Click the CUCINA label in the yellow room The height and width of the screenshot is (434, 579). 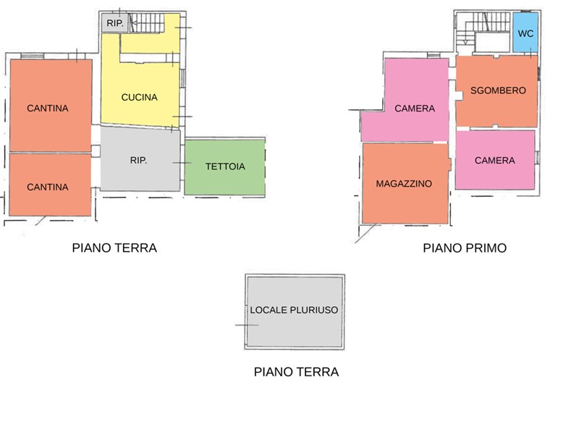coord(139,98)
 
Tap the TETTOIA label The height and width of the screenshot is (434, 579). coord(225,166)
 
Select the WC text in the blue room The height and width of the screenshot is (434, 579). coord(525,33)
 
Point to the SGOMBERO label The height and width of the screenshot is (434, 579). coord(498,90)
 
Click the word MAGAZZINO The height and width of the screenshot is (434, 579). coord(404,184)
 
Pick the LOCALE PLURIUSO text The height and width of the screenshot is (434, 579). coord(294,310)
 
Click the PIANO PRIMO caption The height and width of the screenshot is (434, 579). coord(465,248)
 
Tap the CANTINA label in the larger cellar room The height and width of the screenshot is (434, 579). coord(48,108)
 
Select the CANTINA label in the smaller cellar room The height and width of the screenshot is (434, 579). coord(48,187)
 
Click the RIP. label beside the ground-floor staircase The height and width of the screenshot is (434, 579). coord(115,23)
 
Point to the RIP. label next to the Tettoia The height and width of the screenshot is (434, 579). coord(138,160)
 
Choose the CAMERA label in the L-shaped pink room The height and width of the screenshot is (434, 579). coord(415,109)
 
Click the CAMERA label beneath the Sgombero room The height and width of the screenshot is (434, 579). coord(495,161)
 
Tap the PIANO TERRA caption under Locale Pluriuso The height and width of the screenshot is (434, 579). coord(296,372)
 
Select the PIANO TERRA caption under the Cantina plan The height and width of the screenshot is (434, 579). coord(114,248)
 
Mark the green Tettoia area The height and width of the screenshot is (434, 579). coord(225,167)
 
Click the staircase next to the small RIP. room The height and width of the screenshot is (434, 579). coord(147,23)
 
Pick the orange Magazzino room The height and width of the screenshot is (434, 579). coord(405,184)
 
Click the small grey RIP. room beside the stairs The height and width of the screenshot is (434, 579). coord(115,23)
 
